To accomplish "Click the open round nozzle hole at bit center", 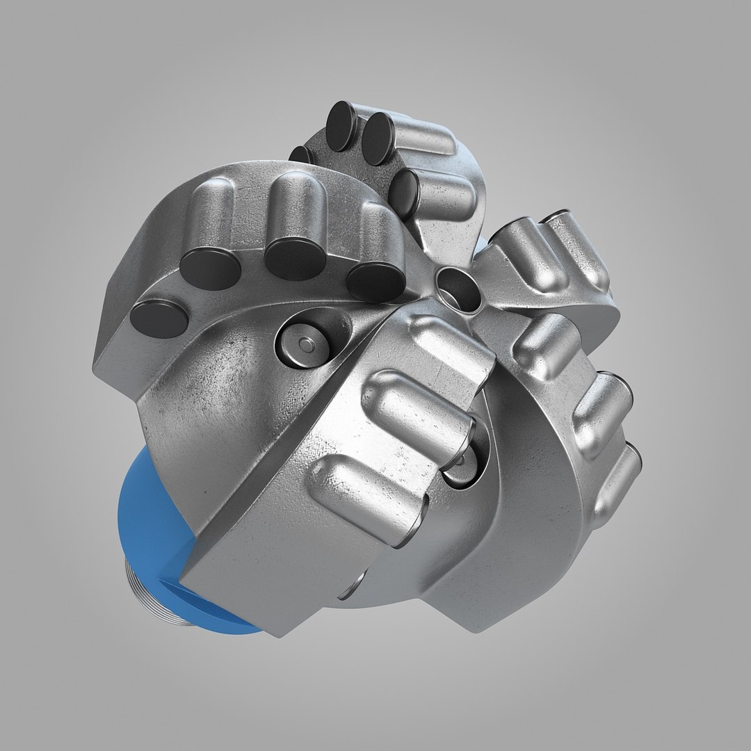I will (459, 288).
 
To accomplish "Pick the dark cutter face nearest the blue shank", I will (159, 318).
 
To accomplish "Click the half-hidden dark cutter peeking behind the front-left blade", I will (301, 154).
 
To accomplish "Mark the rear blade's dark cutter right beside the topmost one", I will (379, 139).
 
